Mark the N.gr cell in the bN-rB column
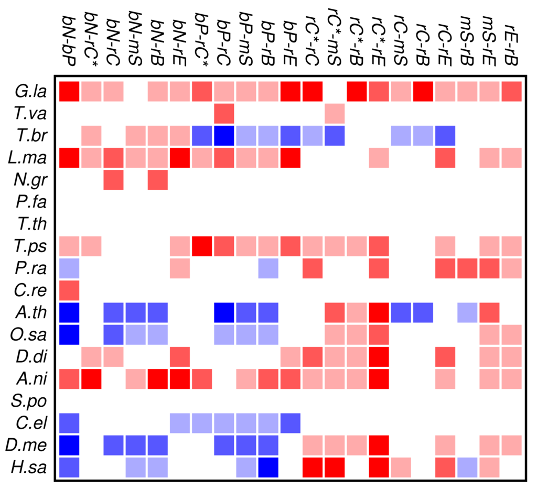pyautogui.click(x=157, y=180)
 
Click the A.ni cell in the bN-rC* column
pyautogui.click(x=91, y=379)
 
